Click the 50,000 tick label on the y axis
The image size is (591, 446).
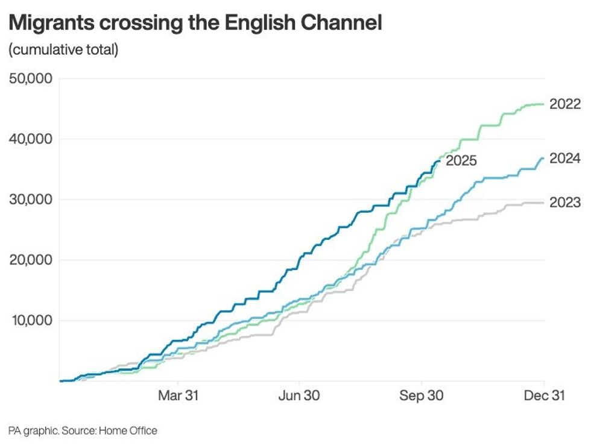click(x=31, y=78)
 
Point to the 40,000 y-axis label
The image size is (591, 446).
click(x=31, y=139)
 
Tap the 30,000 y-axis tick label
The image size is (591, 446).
click(x=31, y=199)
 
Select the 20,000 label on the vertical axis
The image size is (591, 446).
click(x=31, y=260)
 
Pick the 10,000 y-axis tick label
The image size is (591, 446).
click(x=31, y=320)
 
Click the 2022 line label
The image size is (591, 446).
click(x=565, y=104)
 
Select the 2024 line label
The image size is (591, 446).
click(x=565, y=159)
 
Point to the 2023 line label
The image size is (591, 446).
click(x=565, y=203)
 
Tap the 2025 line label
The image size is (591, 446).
click(x=461, y=161)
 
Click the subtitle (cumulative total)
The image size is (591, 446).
click(x=63, y=49)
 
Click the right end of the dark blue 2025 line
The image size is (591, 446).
click(x=440, y=160)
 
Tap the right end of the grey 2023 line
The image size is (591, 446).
click(x=544, y=203)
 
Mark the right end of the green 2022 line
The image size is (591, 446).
click(x=544, y=104)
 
